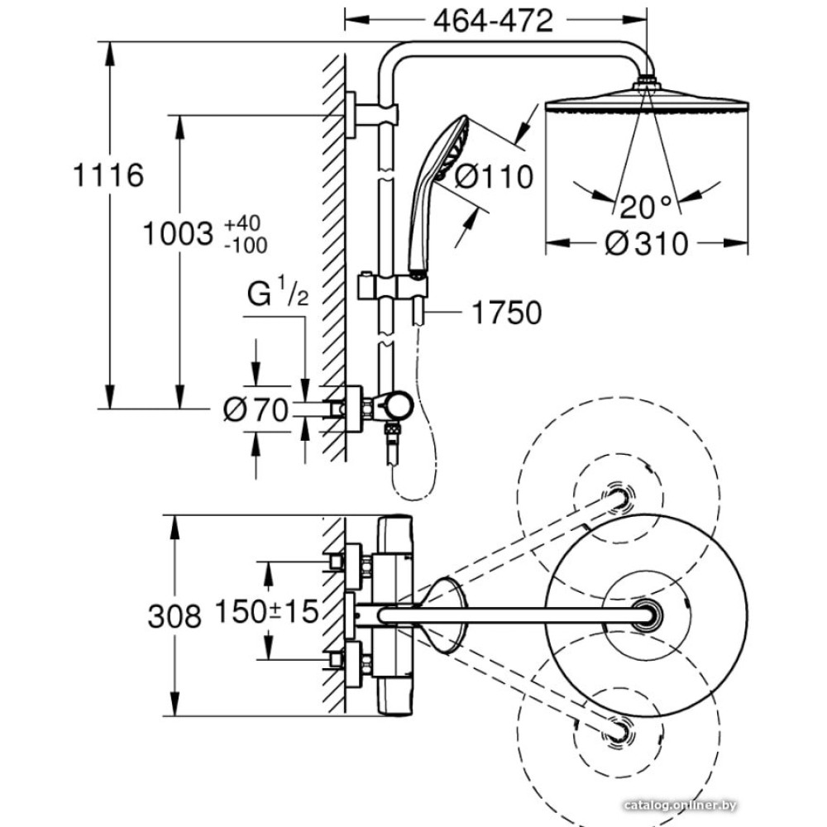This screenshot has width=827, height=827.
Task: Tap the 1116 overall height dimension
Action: click(x=108, y=175)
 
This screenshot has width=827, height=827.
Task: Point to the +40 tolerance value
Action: click(x=241, y=223)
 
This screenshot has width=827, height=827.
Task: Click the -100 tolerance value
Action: click(x=245, y=245)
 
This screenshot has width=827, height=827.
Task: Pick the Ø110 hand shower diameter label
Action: click(x=495, y=177)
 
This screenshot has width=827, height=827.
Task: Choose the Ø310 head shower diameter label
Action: click(x=647, y=244)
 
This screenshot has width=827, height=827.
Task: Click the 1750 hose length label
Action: click(x=506, y=313)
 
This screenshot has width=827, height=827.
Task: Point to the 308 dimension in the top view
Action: click(x=174, y=615)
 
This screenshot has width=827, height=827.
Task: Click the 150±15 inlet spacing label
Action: click(x=266, y=613)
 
